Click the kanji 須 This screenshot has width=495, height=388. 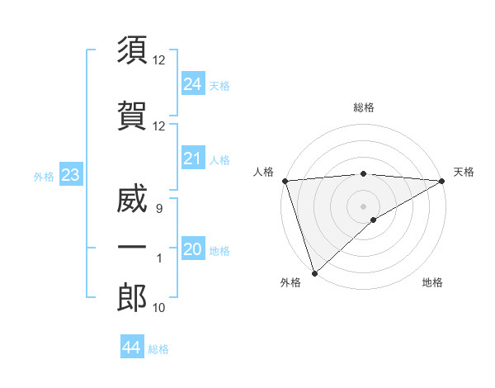click(132, 50)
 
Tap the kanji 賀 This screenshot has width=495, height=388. click(132, 116)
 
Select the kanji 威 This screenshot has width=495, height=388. click(132, 201)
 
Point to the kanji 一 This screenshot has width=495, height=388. click(132, 248)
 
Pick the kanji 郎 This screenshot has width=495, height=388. click(132, 297)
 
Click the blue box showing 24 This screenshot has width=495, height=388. click(192, 84)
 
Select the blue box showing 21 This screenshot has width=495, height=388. click(192, 159)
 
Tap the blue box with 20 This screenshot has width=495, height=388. click(192, 250)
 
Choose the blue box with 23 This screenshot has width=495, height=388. click(70, 175)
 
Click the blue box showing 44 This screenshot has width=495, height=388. click(131, 348)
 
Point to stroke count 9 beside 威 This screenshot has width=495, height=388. click(158, 209)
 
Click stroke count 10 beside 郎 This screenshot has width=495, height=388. click(159, 308)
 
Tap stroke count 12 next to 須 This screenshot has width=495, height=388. click(159, 60)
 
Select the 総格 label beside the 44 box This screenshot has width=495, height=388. click(158, 349)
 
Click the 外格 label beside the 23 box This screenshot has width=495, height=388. click(44, 176)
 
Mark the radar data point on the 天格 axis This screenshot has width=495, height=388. click(442, 181)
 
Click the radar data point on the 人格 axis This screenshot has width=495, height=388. click(284, 180)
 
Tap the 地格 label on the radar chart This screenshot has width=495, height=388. click(432, 282)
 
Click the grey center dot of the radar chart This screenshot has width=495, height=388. click(363, 206)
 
